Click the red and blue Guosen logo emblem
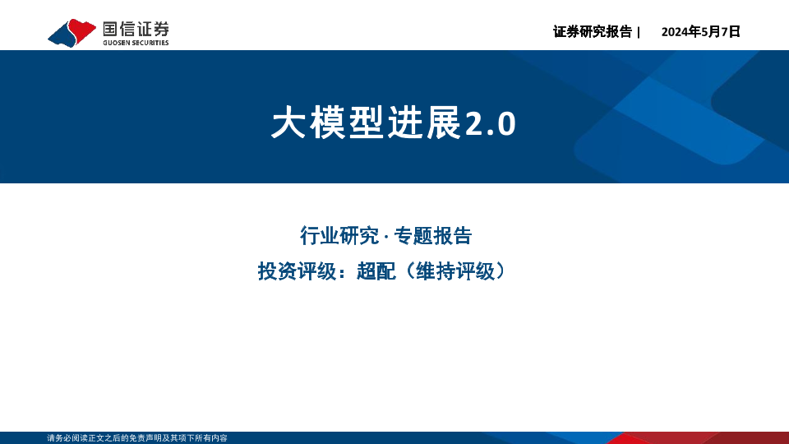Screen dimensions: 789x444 pos(72,33)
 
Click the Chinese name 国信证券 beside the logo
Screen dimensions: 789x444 pos(136,30)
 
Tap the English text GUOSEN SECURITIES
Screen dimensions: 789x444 pos(136,43)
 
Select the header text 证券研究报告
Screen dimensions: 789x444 pos(593,32)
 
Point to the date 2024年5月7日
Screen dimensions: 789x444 pos(700,32)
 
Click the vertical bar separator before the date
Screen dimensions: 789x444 pos(639,32)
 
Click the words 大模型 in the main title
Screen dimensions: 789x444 pos(329,123)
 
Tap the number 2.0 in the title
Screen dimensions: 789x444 pos(491,124)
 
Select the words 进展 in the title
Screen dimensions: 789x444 pos(425,123)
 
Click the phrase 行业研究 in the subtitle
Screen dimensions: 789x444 pos(339,236)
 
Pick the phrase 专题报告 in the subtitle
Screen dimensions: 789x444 pos(433,236)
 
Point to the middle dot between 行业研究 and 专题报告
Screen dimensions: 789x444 pos(386,237)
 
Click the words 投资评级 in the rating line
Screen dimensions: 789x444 pos(297,271)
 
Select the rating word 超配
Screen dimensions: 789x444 pos(376,271)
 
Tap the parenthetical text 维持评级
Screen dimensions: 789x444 pos(456,271)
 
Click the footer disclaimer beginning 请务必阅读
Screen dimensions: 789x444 pos(137,438)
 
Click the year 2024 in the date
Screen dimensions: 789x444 pos(674,32)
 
